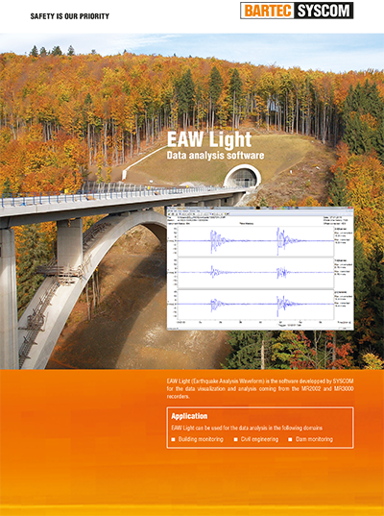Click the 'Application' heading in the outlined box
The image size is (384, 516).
click(189, 416)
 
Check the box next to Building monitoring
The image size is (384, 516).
click(173, 439)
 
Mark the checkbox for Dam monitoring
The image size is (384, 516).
click(291, 439)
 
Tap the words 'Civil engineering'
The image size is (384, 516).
click(259, 439)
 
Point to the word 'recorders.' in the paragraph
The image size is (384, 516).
click(180, 397)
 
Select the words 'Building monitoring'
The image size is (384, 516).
click(202, 439)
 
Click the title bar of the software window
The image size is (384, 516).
click(259, 208)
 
